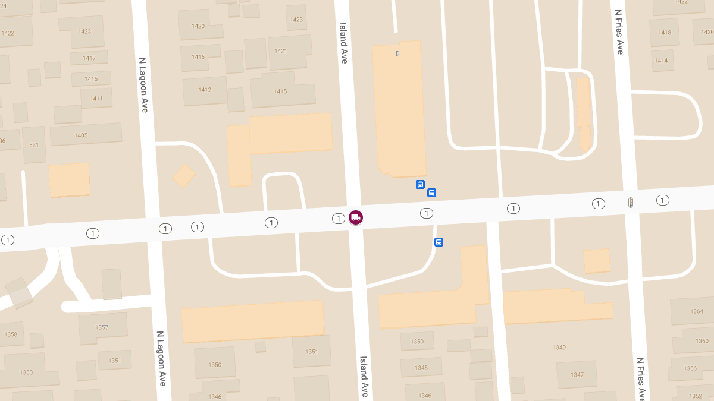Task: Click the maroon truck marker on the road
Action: pyautogui.click(x=356, y=217)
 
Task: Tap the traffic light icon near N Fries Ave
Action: pyautogui.click(x=630, y=203)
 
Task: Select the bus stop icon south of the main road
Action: pyautogui.click(x=439, y=242)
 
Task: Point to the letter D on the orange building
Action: pyautogui.click(x=397, y=53)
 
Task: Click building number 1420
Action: pyautogui.click(x=198, y=26)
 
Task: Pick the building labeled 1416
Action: pyautogui.click(x=198, y=57)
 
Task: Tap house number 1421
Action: pyautogui.click(x=281, y=51)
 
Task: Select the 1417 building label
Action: pyautogui.click(x=89, y=58)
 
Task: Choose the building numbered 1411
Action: pyautogui.click(x=96, y=99)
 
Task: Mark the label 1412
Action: pyautogui.click(x=205, y=90)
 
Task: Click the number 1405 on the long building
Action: pyautogui.click(x=81, y=135)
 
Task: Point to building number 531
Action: pyautogui.click(x=34, y=145)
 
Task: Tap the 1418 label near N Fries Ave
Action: pyautogui.click(x=665, y=33)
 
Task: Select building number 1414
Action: pyautogui.click(x=661, y=61)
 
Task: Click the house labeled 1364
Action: pyautogui.click(x=697, y=311)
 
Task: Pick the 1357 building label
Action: pyautogui.click(x=102, y=327)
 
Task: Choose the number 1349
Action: pyautogui.click(x=559, y=348)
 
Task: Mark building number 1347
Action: pyautogui.click(x=577, y=375)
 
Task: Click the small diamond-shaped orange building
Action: pyautogui.click(x=184, y=176)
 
